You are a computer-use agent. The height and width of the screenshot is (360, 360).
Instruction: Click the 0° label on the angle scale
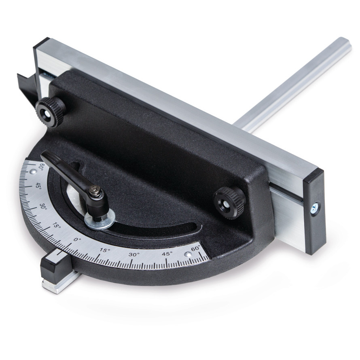[77, 240]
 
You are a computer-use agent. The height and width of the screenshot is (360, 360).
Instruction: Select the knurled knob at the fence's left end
[50, 112]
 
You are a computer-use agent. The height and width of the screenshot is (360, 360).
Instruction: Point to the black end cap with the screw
[315, 211]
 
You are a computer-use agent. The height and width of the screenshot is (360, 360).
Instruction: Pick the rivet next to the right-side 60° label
[188, 254]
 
